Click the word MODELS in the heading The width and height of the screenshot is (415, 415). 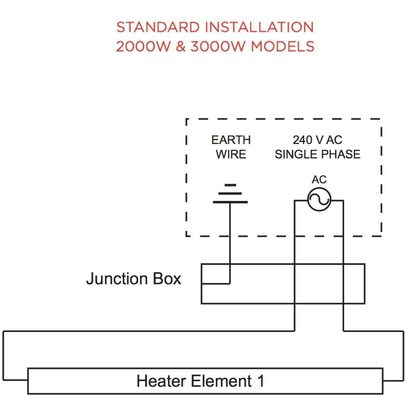283,46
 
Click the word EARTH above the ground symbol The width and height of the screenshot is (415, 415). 231,140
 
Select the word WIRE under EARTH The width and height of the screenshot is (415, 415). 231,154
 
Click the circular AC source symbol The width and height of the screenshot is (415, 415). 319,200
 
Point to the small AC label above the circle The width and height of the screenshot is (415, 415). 319,180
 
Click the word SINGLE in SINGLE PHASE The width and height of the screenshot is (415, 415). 294,154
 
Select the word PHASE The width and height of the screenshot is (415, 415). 339,154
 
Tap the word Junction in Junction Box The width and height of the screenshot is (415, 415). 116,278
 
